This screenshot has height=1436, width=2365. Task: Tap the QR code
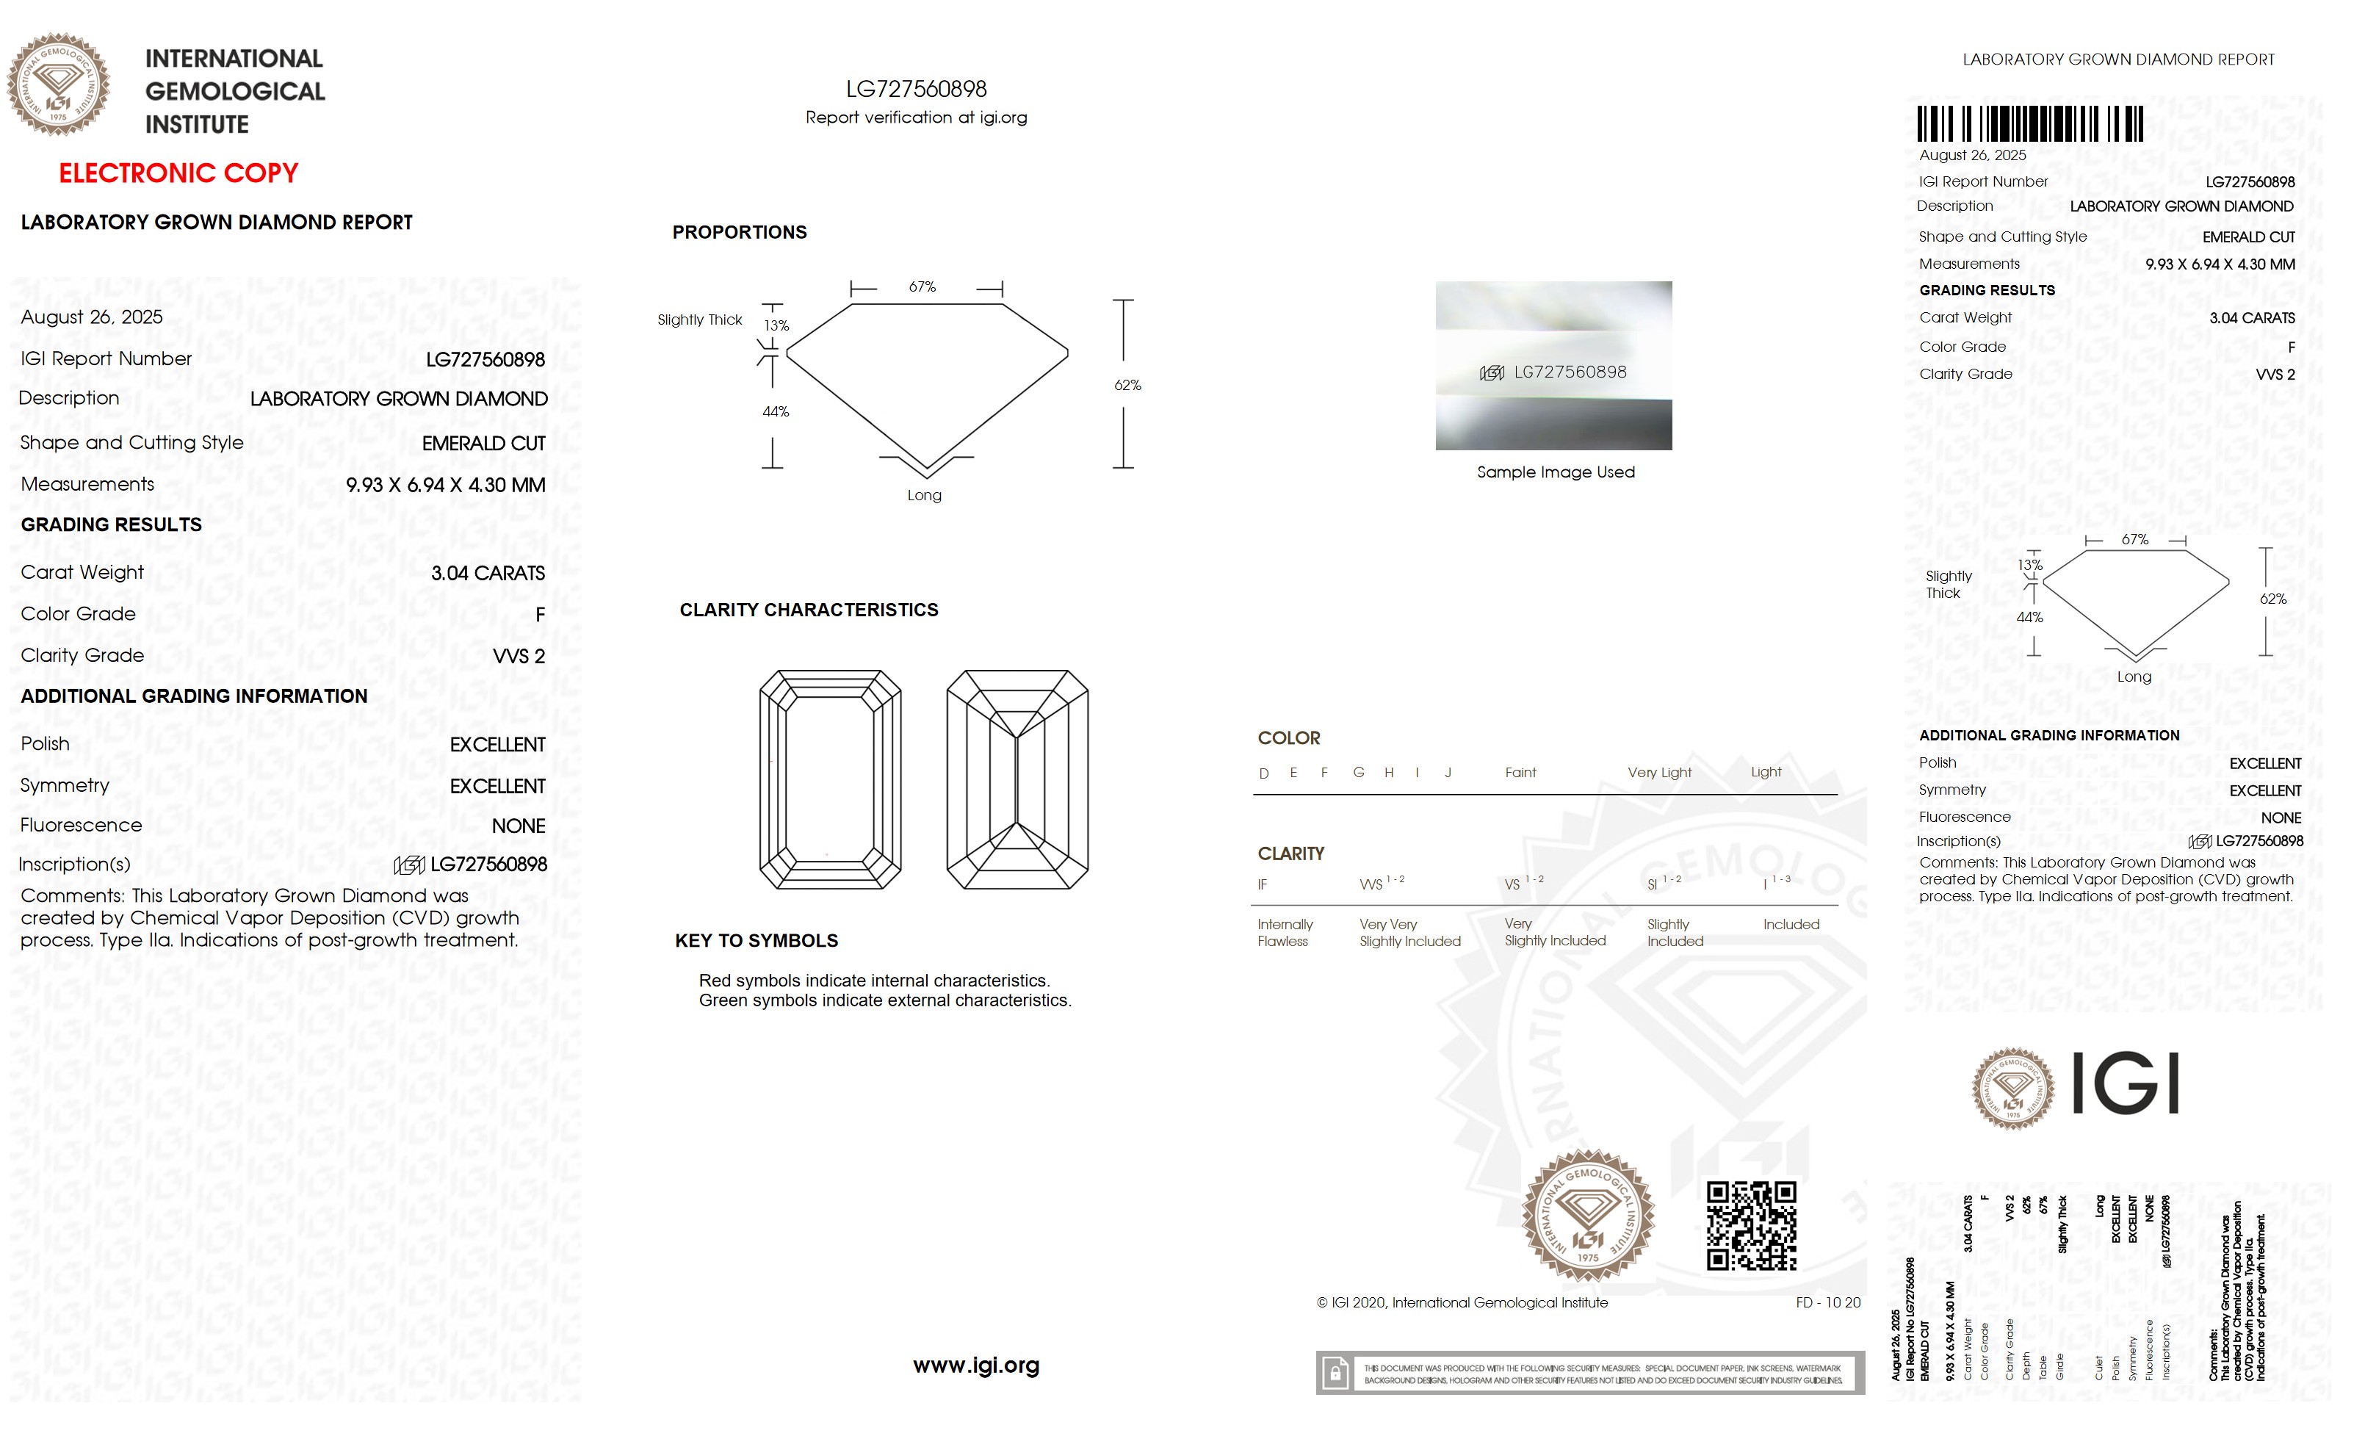1751,1225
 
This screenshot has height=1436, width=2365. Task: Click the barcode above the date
2029,125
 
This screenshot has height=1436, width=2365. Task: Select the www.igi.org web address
975,1365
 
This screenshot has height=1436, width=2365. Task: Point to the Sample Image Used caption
1555,472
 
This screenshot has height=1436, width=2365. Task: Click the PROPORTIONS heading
739,232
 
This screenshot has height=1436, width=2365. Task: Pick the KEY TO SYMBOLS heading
757,941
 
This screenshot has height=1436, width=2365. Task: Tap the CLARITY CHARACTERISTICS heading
808,610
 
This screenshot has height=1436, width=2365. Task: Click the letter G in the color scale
1358,773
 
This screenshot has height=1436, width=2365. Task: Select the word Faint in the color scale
1520,773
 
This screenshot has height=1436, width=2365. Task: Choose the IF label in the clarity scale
1262,884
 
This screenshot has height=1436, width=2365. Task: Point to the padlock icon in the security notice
1334,1374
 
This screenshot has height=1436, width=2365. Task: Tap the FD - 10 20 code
1827,1302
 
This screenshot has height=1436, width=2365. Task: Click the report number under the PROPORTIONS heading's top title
916,90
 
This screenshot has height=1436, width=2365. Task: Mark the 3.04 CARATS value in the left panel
488,573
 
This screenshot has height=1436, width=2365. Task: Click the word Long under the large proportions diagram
924,495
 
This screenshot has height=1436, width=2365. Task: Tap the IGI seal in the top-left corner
59,84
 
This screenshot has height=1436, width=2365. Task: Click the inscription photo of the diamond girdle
1553,366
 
